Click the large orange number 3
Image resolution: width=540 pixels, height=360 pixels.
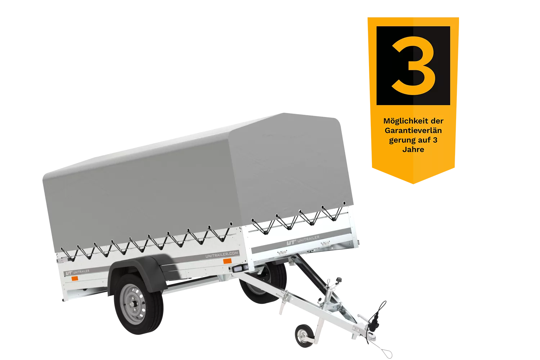click(413, 66)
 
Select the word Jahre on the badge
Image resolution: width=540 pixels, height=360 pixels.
click(413, 149)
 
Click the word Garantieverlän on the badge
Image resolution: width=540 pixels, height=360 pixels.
click(413, 130)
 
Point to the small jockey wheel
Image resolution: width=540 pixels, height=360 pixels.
click(304, 336)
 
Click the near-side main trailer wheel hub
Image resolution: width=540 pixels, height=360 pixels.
click(133, 304)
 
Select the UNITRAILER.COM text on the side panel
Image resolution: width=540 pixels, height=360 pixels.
click(222, 255)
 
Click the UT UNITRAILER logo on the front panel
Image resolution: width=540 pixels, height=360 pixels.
click(303, 240)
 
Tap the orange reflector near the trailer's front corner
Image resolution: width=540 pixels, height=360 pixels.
click(227, 261)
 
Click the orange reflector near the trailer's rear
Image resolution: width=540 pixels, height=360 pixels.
click(75, 279)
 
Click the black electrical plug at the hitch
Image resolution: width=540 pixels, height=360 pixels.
click(374, 322)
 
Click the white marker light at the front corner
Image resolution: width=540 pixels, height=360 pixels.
click(239, 268)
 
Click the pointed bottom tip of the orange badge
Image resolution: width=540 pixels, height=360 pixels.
click(413, 184)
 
